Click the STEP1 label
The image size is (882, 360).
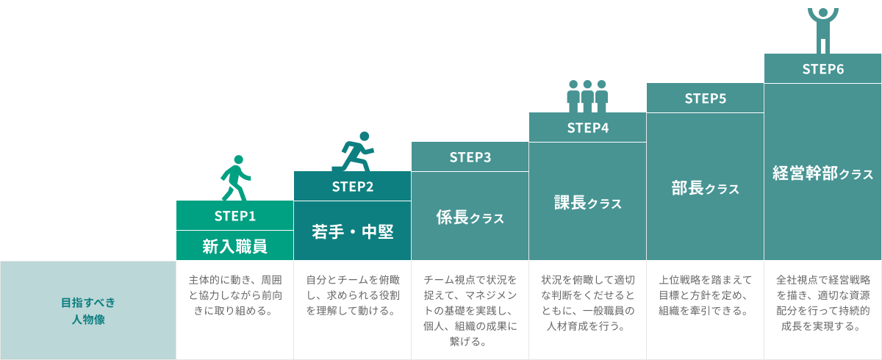[235, 216]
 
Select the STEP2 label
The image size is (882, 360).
[353, 187]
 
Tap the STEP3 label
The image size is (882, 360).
[470, 156]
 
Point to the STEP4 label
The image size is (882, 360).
[588, 127]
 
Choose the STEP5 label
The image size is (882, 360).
[706, 98]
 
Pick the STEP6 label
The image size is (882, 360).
[823, 69]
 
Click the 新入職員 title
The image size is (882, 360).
[235, 246]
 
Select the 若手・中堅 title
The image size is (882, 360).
[353, 231]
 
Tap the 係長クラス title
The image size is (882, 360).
[470, 217]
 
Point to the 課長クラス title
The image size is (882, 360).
[588, 203]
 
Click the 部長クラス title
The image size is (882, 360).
[706, 188]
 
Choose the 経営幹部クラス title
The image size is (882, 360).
[823, 173]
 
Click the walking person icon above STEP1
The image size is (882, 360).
[236, 177]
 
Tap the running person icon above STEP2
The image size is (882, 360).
[355, 151]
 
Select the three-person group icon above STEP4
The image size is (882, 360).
[587, 96]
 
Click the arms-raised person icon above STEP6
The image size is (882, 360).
[823, 29]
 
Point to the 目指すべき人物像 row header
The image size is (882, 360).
[88, 311]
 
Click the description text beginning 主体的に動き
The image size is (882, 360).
[235, 295]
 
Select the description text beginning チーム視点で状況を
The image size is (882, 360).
[470, 311]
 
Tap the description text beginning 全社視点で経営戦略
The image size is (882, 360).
[823, 303]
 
